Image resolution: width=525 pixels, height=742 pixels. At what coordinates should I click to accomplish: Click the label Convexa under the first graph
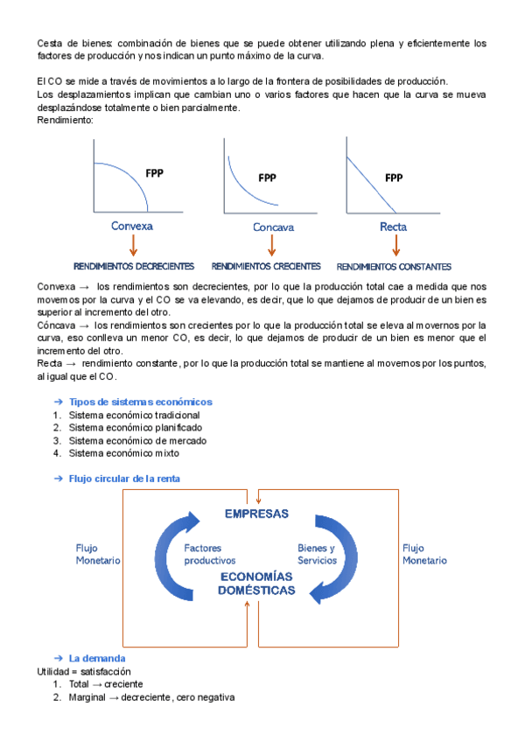132,226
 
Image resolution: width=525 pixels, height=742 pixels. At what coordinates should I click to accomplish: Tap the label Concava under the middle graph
273,227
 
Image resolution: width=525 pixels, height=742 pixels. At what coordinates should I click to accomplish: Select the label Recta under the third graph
393,227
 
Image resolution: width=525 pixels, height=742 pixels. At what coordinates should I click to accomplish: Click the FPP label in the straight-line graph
394,178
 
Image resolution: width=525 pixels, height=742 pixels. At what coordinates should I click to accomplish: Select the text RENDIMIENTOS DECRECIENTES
133,266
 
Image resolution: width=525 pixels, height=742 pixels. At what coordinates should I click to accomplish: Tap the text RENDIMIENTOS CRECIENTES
266,266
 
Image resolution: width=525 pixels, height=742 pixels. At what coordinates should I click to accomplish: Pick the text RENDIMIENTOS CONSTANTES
394,267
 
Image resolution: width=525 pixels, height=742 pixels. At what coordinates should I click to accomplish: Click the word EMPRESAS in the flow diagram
256,513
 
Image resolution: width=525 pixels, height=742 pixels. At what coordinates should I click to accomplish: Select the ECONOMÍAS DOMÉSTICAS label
257,584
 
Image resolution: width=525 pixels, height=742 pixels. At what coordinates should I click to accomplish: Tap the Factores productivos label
210,554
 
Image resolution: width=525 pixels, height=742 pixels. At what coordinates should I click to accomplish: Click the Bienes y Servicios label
317,554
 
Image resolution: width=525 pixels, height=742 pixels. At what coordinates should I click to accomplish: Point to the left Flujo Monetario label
98,554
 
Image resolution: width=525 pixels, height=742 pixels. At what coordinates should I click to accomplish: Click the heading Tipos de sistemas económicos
140,402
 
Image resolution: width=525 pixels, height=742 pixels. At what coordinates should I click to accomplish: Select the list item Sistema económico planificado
136,428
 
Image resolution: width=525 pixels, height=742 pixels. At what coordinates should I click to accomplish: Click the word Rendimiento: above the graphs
65,120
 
